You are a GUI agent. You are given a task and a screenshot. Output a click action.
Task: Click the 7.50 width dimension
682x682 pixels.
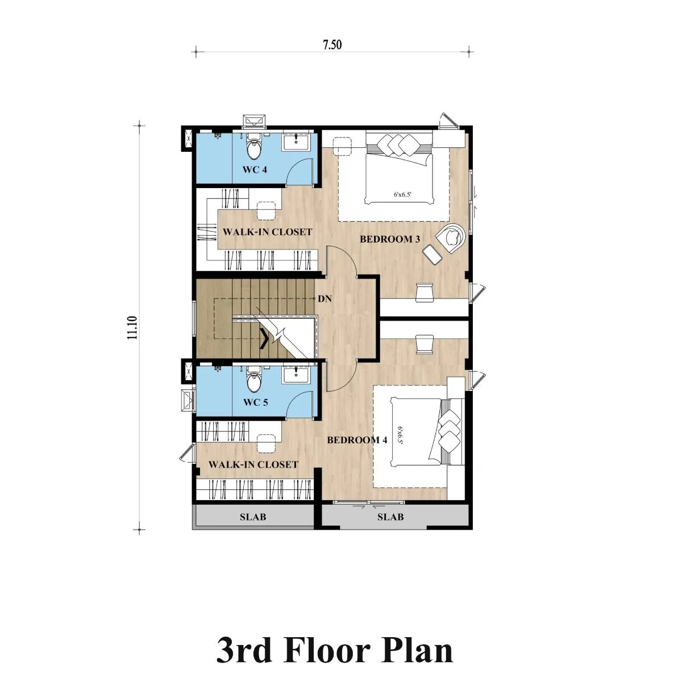332,45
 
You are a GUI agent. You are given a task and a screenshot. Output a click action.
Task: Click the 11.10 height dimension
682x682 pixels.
132,328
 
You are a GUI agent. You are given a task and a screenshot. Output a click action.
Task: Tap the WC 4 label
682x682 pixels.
255,169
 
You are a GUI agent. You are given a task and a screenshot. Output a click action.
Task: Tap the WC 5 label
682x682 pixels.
256,402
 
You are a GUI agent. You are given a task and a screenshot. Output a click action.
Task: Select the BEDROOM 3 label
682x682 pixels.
390,239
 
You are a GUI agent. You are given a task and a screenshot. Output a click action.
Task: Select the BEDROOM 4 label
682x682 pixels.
357,440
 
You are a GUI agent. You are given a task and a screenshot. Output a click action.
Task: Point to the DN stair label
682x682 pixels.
325,299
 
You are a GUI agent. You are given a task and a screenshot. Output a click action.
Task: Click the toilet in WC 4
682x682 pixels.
253,147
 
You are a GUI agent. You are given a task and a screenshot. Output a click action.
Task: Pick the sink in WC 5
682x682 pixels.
297,375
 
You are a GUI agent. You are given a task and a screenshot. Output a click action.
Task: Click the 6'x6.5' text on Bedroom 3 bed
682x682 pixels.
402,194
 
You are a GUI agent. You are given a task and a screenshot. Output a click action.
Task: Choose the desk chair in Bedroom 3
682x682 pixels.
425,292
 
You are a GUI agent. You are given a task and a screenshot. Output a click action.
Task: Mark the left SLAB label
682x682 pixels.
253,517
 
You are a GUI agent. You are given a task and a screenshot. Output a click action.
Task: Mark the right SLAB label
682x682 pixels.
390,517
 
